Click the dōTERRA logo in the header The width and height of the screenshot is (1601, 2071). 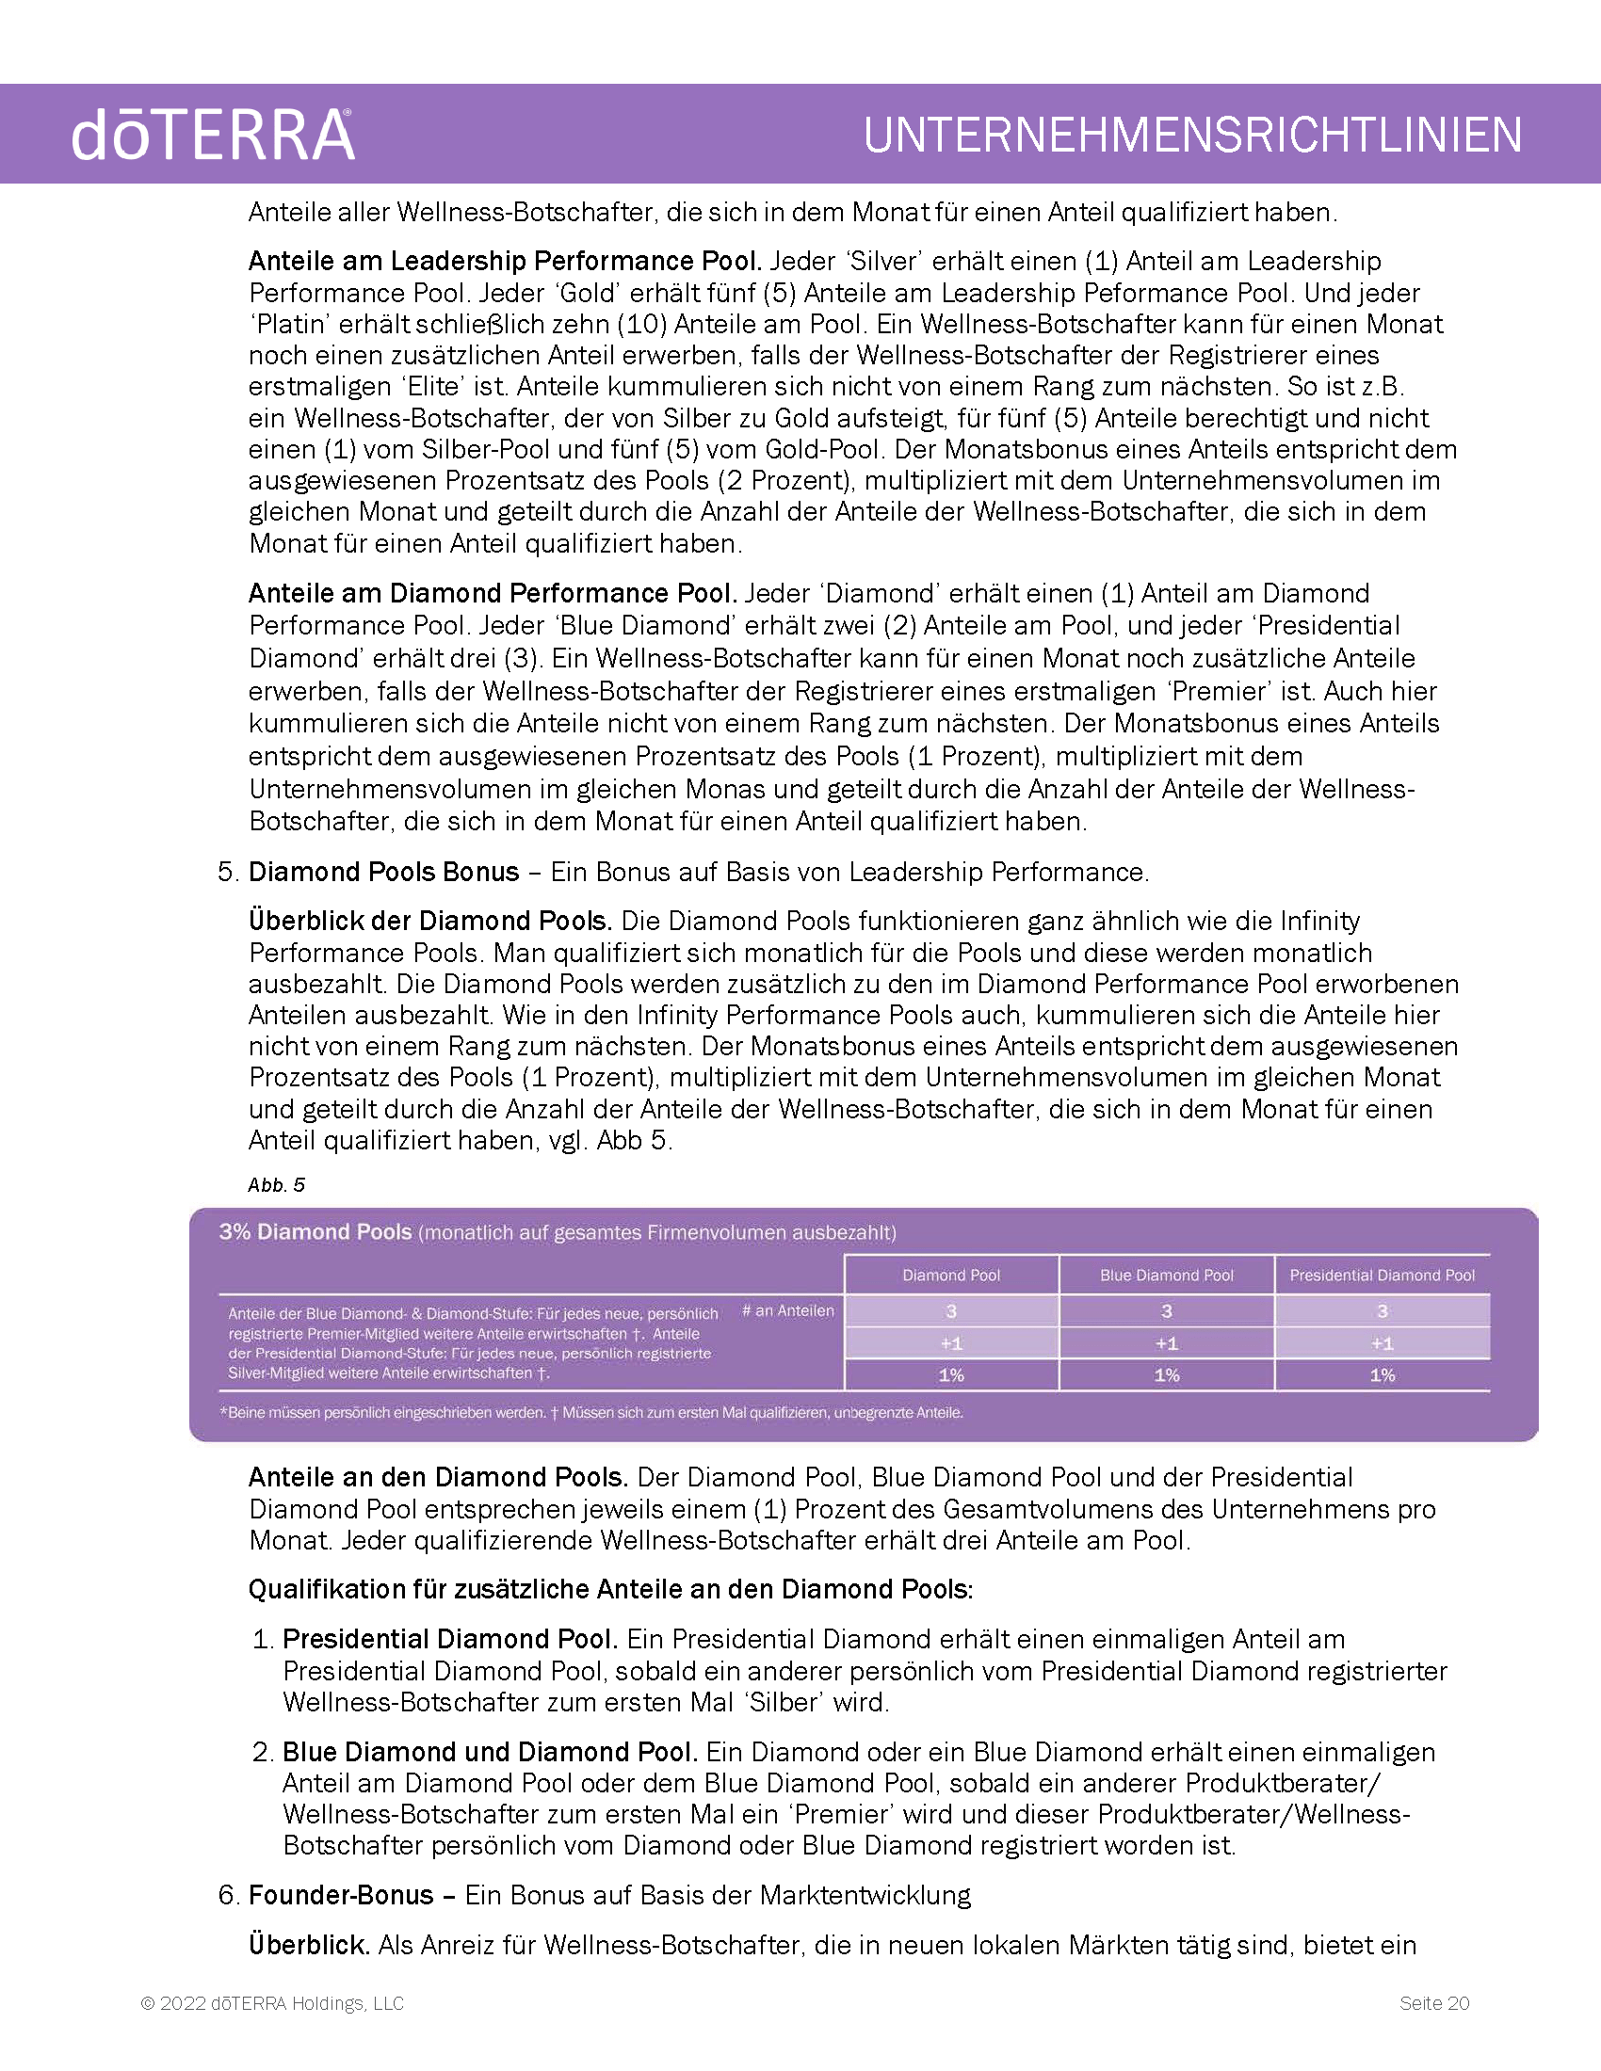click(x=213, y=135)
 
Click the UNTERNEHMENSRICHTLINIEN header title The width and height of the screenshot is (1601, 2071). click(x=1192, y=135)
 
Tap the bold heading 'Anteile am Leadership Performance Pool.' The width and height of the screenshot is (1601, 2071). click(x=505, y=261)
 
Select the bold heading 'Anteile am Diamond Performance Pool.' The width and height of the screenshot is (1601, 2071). click(x=493, y=594)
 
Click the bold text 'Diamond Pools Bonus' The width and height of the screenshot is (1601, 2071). click(x=383, y=873)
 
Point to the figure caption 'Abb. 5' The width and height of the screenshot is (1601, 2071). click(x=276, y=1185)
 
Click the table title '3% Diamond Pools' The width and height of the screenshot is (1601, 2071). click(x=315, y=1232)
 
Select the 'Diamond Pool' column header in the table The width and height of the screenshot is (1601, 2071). click(x=951, y=1276)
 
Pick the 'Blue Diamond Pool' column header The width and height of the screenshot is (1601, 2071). click(x=1167, y=1276)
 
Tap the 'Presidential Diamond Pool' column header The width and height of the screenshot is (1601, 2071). click(x=1382, y=1276)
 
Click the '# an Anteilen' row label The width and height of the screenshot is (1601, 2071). click(x=787, y=1310)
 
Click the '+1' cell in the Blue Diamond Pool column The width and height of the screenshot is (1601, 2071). click(x=1167, y=1343)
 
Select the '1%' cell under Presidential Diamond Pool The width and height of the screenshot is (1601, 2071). click(x=1382, y=1375)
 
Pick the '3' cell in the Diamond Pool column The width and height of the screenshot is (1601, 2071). click(x=951, y=1311)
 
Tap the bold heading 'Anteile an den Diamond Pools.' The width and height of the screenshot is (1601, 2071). click(x=438, y=1477)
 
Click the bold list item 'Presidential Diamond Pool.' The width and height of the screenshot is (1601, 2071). click(x=450, y=1640)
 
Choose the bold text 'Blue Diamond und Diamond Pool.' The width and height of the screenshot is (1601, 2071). click(x=491, y=1753)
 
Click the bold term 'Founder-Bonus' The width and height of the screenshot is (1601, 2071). click(x=341, y=1896)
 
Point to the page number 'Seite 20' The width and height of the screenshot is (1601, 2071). click(x=1434, y=2003)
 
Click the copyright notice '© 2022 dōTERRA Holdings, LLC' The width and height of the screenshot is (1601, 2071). click(x=272, y=2003)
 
